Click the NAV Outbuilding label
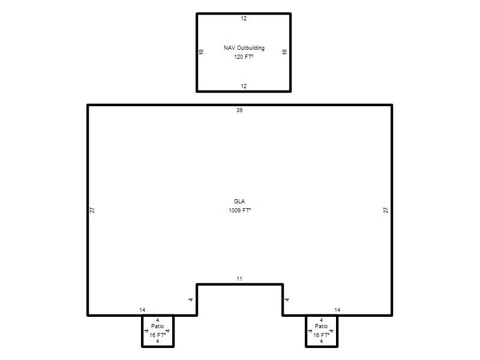tap(244, 48)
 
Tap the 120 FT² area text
tap(244, 56)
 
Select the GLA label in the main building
tap(239, 201)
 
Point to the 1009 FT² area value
tap(239, 211)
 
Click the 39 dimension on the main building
tap(239, 110)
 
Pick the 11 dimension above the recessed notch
tap(239, 279)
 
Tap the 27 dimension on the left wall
tap(92, 211)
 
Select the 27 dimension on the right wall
tap(386, 211)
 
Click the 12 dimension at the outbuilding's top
tap(244, 19)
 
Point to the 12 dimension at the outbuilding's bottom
tap(244, 86)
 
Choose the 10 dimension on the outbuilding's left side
tap(201, 52)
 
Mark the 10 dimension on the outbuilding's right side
tap(284, 52)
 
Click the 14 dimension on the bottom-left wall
tap(142, 310)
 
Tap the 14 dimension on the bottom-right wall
tap(337, 310)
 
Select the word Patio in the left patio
tap(158, 326)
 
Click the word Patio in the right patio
tap(322, 326)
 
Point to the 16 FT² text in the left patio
tap(158, 335)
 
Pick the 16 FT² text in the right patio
tap(322, 335)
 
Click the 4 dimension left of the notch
tap(191, 299)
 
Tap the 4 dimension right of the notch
tap(287, 299)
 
